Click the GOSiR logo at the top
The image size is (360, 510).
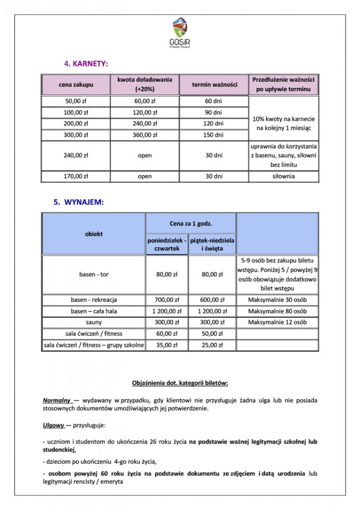coord(180,32)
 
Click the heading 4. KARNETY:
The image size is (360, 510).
coord(86,64)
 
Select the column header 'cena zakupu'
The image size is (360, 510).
coord(76,85)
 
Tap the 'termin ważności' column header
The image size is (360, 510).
coord(215,85)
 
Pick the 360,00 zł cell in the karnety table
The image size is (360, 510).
coord(144,135)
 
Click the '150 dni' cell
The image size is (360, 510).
coord(215,135)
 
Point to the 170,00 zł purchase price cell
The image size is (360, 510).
coord(76,177)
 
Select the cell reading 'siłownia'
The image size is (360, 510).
coord(284,177)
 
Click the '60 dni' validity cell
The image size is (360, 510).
coord(215,101)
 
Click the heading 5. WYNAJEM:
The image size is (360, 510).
coord(79,202)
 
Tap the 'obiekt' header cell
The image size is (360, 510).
coord(94,234)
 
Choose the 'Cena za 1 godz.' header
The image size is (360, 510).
coord(190,224)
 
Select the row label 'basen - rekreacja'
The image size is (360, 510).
coord(94,300)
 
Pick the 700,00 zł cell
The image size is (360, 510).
coord(167,300)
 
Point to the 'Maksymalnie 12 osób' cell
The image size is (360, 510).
coord(277,322)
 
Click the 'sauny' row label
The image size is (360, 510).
coord(94,322)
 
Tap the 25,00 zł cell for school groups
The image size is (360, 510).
coord(212,345)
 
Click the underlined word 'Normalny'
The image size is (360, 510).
coord(57,399)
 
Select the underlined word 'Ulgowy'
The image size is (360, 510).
coord(54,426)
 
